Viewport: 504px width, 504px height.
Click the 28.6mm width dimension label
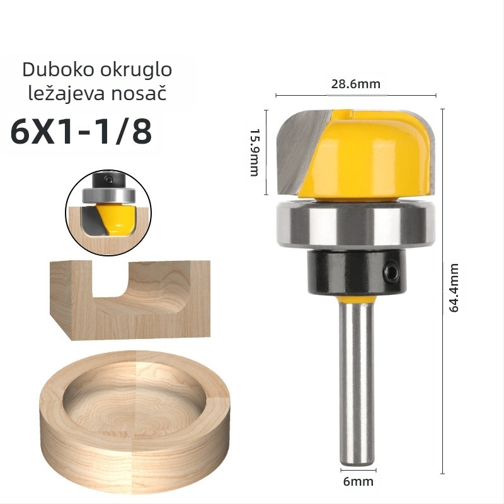coord(356,84)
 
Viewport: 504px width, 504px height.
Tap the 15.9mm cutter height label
coord(255,152)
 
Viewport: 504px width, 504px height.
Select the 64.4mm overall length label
coord(454,288)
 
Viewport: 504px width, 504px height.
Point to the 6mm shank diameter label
coord(358,482)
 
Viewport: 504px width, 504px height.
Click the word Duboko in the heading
coord(59,69)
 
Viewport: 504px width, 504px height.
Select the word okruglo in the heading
coord(136,70)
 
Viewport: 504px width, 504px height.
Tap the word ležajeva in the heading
coord(66,93)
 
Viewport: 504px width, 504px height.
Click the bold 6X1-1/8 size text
coord(81,132)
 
